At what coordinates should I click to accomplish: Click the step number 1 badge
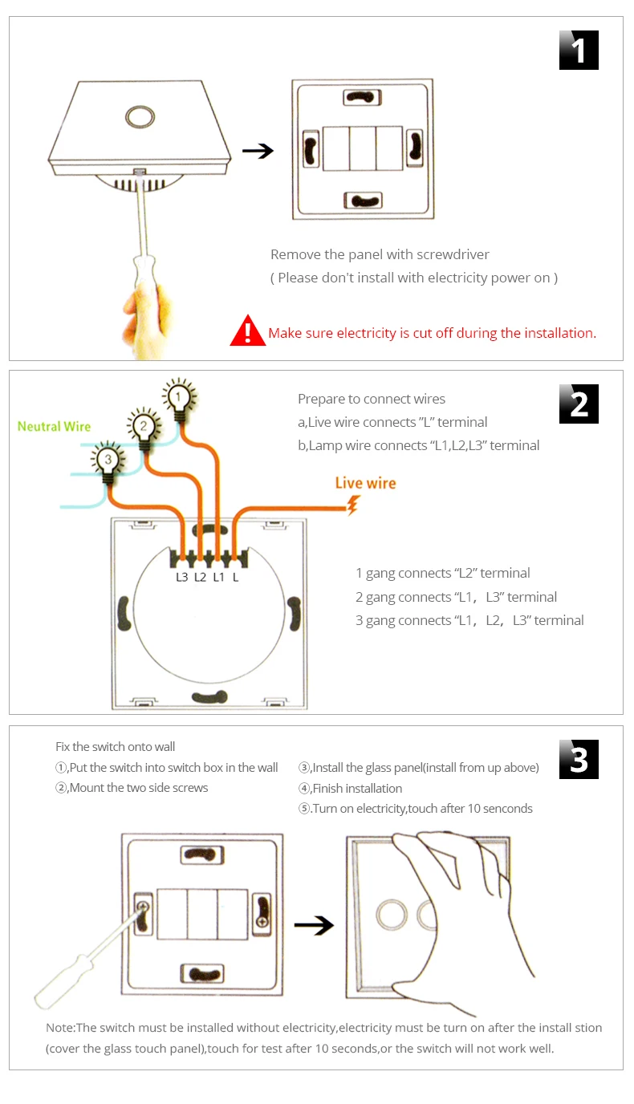click(x=579, y=51)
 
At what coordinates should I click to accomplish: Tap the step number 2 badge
click(x=579, y=404)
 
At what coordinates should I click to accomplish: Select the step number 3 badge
click(x=579, y=759)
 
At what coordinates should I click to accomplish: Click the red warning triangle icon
click(x=247, y=331)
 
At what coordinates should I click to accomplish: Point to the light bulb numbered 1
click(x=179, y=396)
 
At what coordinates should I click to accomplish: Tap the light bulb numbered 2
click(x=144, y=427)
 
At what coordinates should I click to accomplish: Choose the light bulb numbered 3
click(x=108, y=459)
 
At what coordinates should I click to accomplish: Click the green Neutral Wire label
click(x=55, y=426)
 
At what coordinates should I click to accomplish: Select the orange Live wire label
click(x=365, y=483)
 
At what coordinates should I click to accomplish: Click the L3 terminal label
click(x=181, y=576)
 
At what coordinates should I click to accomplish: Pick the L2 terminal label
click(x=200, y=576)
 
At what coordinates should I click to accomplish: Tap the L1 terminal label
click(x=218, y=576)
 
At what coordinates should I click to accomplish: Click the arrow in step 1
click(x=258, y=151)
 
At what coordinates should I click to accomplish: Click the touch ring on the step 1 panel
click(x=140, y=116)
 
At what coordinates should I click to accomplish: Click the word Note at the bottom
click(x=60, y=1028)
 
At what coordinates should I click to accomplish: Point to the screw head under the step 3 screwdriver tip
click(x=143, y=908)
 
